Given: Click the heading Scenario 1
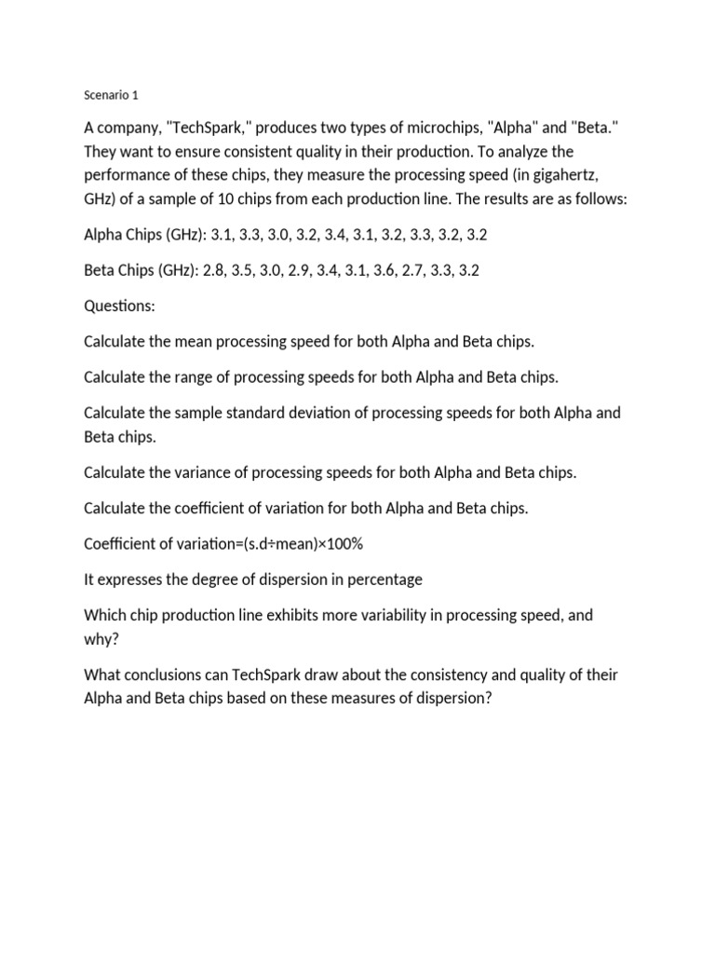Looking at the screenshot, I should (x=111, y=95).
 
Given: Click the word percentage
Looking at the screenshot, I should (x=384, y=579).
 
